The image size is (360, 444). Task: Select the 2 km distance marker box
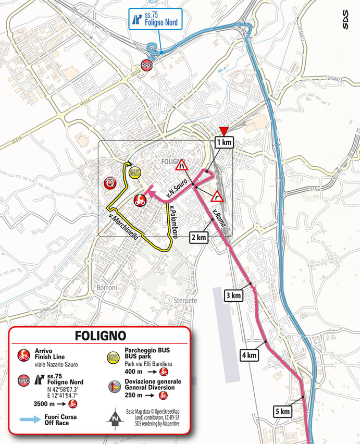200,237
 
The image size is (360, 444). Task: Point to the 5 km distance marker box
282,412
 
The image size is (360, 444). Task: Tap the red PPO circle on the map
148,66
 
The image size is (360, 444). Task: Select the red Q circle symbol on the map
110,183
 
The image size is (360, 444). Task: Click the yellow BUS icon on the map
134,172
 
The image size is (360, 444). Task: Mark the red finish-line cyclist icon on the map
139,200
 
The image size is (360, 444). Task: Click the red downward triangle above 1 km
224,131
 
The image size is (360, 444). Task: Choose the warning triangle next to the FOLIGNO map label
182,166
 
